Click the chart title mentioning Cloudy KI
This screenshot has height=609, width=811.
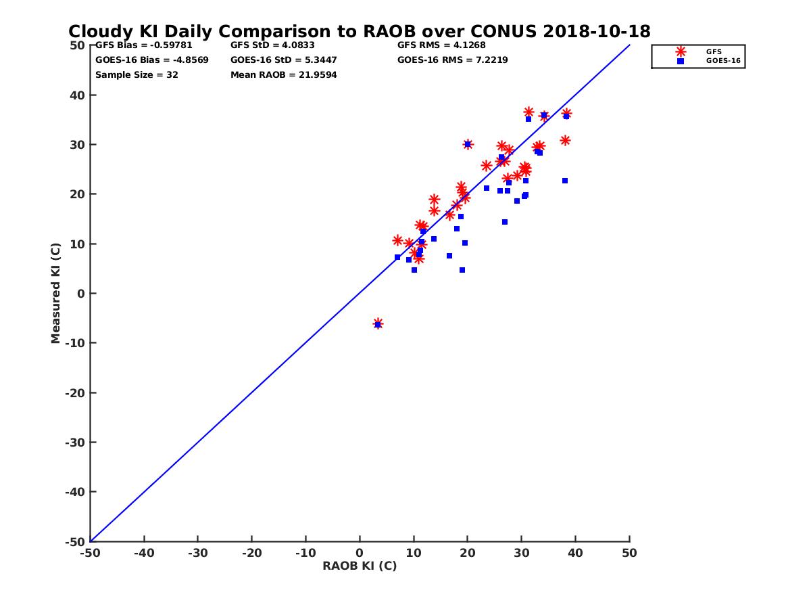[359, 31]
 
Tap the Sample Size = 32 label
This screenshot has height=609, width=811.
[137, 74]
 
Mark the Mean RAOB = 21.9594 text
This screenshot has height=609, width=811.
[284, 74]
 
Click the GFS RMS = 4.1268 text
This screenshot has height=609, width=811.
[441, 45]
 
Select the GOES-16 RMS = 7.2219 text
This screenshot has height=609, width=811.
[453, 60]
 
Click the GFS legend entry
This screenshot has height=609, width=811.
[713, 51]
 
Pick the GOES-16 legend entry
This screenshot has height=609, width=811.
[719, 61]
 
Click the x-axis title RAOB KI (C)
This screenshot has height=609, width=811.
[360, 566]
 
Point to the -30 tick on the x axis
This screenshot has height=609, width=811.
[197, 553]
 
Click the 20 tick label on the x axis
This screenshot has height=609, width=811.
[467, 553]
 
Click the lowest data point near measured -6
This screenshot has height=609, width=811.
[378, 324]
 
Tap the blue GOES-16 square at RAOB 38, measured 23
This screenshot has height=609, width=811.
[565, 181]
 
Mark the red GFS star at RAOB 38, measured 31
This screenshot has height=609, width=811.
[565, 140]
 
